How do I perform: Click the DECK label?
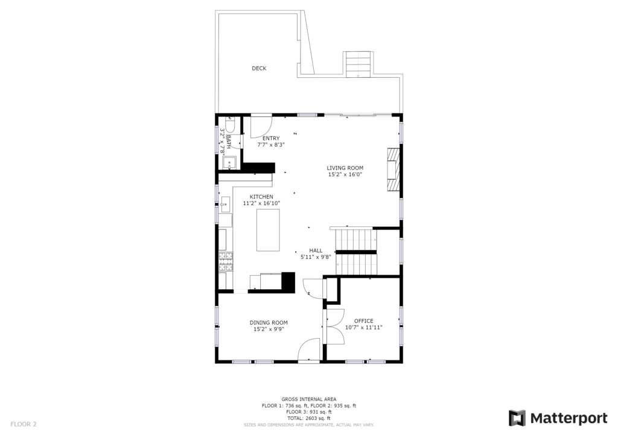(259, 69)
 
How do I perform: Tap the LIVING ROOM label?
(345, 168)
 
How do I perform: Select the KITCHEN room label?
(261, 197)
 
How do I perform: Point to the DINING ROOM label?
(269, 322)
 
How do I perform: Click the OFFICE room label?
(363, 321)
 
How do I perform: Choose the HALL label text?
(316, 250)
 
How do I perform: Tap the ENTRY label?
(271, 138)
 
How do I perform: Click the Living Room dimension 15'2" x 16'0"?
(345, 174)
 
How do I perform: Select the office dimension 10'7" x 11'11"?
(363, 327)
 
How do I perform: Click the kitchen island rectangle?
(268, 230)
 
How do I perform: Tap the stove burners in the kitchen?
(226, 261)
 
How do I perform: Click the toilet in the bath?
(230, 126)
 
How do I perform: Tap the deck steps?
(358, 64)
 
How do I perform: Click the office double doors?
(333, 327)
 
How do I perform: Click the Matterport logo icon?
(517, 418)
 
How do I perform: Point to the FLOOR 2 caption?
(24, 424)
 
